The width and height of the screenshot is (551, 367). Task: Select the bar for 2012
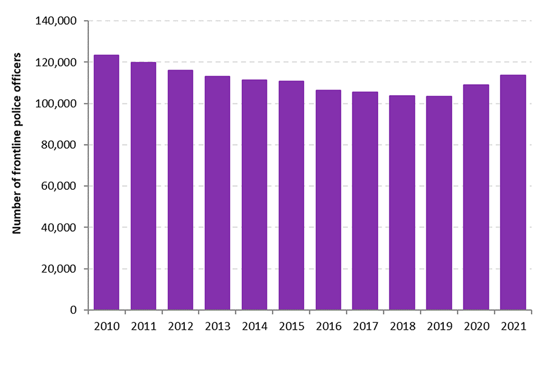pyautogui.click(x=180, y=190)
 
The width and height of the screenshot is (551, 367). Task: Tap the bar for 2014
pyautogui.click(x=254, y=195)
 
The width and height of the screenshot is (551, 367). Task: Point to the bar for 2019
pyautogui.click(x=439, y=203)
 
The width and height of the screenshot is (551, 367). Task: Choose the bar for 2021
pyautogui.click(x=513, y=193)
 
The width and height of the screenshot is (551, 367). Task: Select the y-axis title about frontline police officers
pyautogui.click(x=17, y=143)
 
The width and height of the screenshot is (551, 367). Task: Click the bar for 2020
pyautogui.click(x=476, y=197)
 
